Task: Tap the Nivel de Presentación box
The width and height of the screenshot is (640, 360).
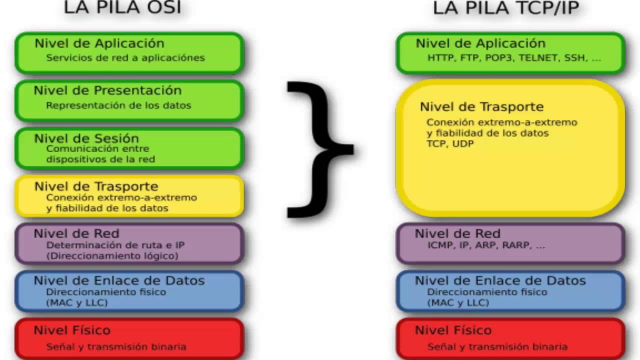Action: [x=129, y=100]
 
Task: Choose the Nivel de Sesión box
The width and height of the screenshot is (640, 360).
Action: [x=129, y=148]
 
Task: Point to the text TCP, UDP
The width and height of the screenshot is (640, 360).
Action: [x=449, y=144]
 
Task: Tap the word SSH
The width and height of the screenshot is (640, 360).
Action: [x=574, y=58]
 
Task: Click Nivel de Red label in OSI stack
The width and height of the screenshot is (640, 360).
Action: [x=76, y=233]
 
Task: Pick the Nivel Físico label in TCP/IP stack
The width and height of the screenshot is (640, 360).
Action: [x=453, y=330]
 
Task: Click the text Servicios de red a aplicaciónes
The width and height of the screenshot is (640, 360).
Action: [x=125, y=58]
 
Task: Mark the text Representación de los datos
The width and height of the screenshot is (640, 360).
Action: [x=118, y=105]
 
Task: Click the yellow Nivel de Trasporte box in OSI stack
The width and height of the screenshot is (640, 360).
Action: [x=129, y=196]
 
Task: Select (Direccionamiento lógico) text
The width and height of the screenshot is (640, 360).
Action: [x=112, y=256]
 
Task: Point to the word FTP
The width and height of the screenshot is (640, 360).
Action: [x=468, y=58]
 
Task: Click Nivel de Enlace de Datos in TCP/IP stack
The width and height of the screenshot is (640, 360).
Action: [x=500, y=281]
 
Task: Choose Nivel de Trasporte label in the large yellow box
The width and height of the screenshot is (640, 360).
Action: [x=481, y=106]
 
